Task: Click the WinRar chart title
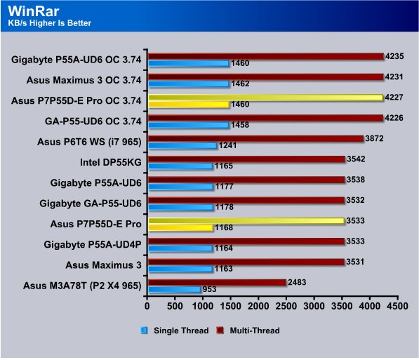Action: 34,11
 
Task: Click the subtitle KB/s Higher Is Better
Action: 49,23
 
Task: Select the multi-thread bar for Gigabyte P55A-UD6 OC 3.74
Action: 266,56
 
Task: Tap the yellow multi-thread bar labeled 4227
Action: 265,98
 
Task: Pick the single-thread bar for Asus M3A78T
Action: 175,289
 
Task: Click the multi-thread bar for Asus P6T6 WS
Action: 256,139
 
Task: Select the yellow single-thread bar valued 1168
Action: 181,227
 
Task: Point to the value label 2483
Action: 297,282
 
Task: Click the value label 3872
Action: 374,138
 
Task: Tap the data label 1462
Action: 240,84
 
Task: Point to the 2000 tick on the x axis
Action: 258,306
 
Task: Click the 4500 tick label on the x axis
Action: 397,306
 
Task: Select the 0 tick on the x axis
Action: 147,306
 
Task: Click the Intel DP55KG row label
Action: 111,162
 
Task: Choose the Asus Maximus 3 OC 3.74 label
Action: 84,80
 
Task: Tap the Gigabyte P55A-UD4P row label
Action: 93,244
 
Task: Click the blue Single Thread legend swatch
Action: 144,331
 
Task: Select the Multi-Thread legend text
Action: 255,331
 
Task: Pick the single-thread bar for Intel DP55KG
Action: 180,166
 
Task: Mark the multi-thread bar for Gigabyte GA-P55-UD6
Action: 246,201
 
